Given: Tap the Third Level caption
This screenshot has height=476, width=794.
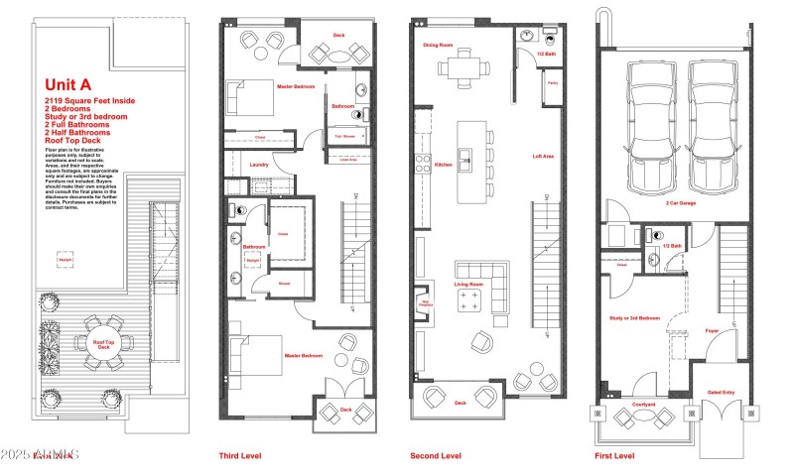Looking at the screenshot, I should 239,456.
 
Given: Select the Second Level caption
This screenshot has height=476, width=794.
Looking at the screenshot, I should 436,456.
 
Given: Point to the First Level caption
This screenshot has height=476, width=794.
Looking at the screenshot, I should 615,456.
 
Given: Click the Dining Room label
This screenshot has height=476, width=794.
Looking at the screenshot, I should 438,45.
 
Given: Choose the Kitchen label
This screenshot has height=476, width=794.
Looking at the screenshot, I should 443,164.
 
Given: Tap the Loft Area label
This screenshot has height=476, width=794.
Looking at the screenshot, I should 543,157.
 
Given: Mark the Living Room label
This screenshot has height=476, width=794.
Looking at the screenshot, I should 468,284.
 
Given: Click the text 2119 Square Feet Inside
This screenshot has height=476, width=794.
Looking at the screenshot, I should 89,101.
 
